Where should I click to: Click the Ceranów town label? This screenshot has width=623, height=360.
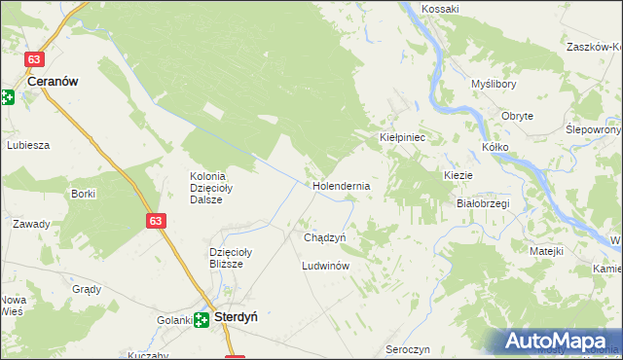pos(53,83)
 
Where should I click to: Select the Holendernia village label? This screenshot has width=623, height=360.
pos(341,185)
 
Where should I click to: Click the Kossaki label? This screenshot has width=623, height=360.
pos(440,9)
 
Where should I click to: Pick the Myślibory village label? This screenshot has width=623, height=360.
pos(493,84)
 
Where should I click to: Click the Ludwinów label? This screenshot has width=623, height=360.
pos(325,265)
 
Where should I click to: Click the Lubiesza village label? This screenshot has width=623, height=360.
pos(28,145)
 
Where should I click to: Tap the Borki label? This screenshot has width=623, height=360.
pos(83,194)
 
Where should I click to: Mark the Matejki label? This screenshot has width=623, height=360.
pos(547,251)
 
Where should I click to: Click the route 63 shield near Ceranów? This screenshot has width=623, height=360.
pos(36,58)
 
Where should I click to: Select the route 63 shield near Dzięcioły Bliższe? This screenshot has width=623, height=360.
pos(156,222)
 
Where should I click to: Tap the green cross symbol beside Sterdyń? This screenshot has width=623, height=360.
pos(202,319)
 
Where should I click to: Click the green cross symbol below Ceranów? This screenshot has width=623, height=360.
pos(7,97)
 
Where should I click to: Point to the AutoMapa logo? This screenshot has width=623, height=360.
pos(560,341)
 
